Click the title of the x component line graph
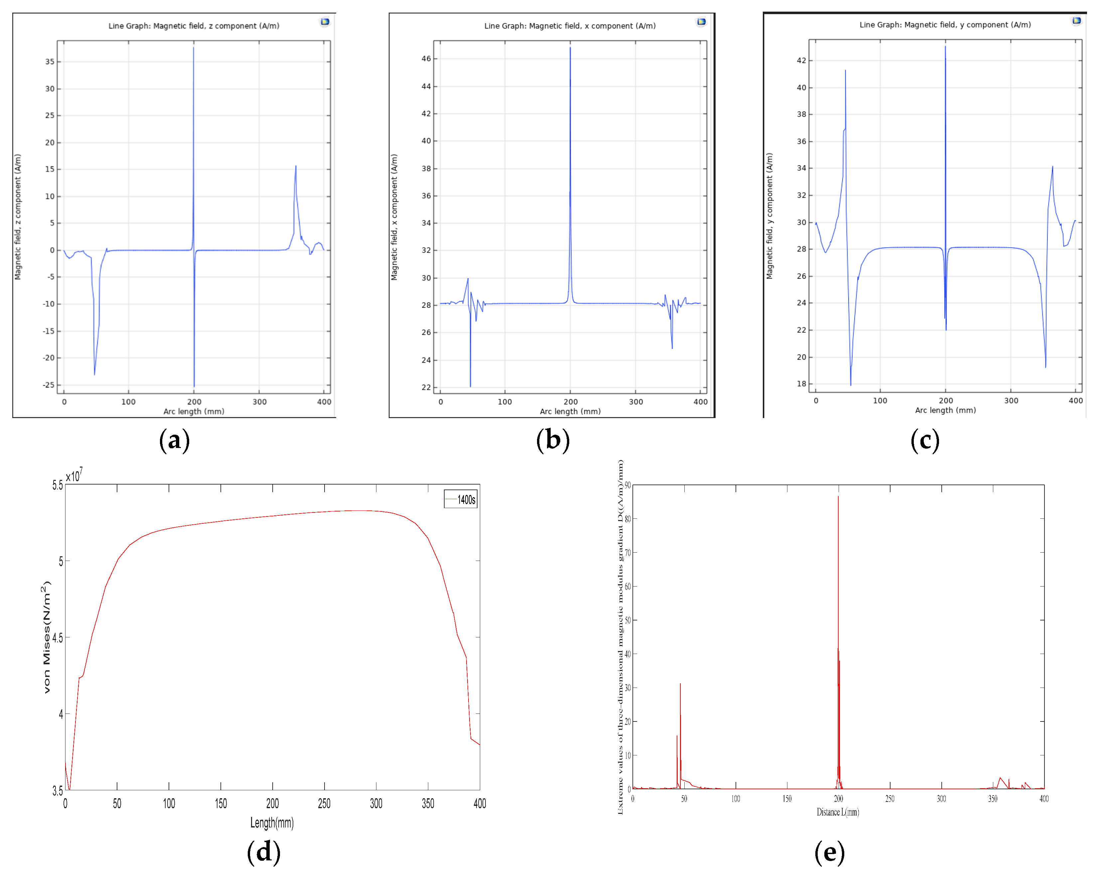click(570, 26)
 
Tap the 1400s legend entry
click(461, 500)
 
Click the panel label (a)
click(175, 440)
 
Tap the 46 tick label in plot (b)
click(426, 58)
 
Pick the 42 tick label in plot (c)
click(802, 60)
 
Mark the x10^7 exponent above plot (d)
click(74, 476)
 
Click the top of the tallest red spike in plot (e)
click(838, 497)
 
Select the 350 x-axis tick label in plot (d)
click(428, 804)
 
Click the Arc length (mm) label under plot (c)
click(945, 410)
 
